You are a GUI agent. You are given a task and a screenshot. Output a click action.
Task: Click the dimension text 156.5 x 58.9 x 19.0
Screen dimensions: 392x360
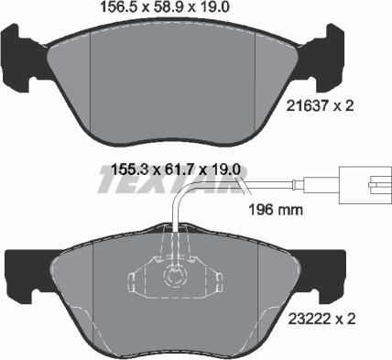click(x=165, y=7)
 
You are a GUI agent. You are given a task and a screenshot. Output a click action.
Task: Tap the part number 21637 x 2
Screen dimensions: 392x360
click(x=320, y=106)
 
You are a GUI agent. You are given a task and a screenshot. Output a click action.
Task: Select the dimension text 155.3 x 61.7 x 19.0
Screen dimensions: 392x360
click(x=176, y=169)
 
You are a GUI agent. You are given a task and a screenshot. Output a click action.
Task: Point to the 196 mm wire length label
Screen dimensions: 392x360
click(x=276, y=210)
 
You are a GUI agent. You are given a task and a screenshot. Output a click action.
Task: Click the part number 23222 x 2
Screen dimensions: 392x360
click(x=321, y=320)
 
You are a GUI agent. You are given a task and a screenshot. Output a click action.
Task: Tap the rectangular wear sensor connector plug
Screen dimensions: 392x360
click(x=365, y=185)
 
